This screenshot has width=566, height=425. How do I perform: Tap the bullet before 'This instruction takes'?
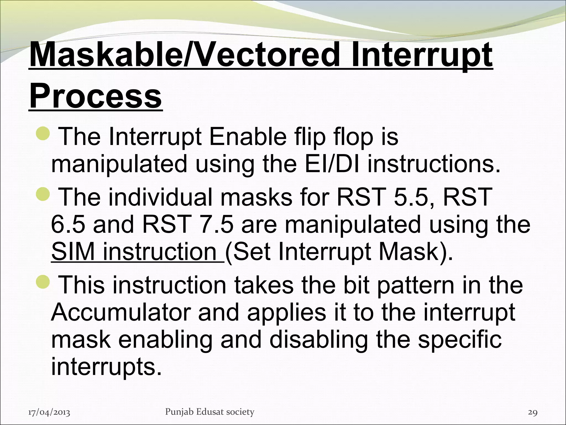43,282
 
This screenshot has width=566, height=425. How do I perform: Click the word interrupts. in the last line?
106,366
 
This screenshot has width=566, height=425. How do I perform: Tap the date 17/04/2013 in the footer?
49,413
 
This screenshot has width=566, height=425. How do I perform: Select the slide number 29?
533,413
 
